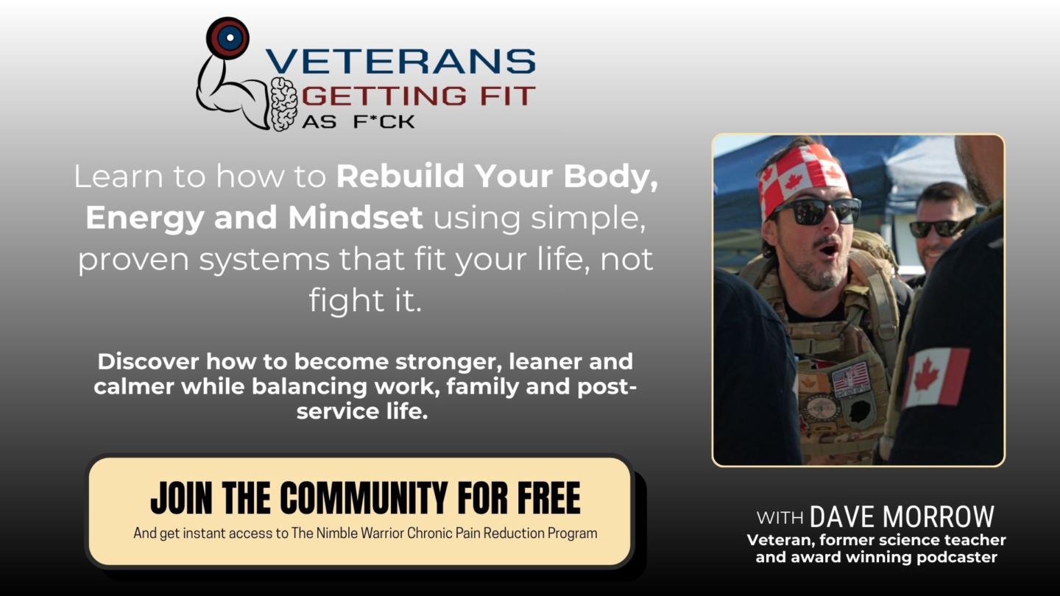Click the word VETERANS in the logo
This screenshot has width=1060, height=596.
pyautogui.click(x=400, y=61)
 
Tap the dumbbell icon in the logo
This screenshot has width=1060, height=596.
pyautogui.click(x=227, y=38)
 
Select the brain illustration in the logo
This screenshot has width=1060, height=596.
pyautogui.click(x=284, y=104)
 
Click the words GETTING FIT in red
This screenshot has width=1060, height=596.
pyautogui.click(x=418, y=95)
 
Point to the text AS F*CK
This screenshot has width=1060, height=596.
pyautogui.click(x=358, y=122)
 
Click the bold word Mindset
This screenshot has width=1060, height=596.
pyautogui.click(x=356, y=217)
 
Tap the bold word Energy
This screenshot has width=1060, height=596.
pyautogui.click(x=144, y=219)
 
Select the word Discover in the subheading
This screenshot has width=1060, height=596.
pyautogui.click(x=148, y=362)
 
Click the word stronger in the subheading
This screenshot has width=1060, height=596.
pyautogui.click(x=448, y=363)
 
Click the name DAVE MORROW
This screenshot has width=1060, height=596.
pyautogui.click(x=902, y=517)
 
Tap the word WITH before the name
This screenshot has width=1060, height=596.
pyautogui.click(x=780, y=518)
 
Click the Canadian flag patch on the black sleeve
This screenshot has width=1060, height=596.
pyautogui.click(x=936, y=377)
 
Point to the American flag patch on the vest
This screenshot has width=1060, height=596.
pyautogui.click(x=851, y=379)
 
